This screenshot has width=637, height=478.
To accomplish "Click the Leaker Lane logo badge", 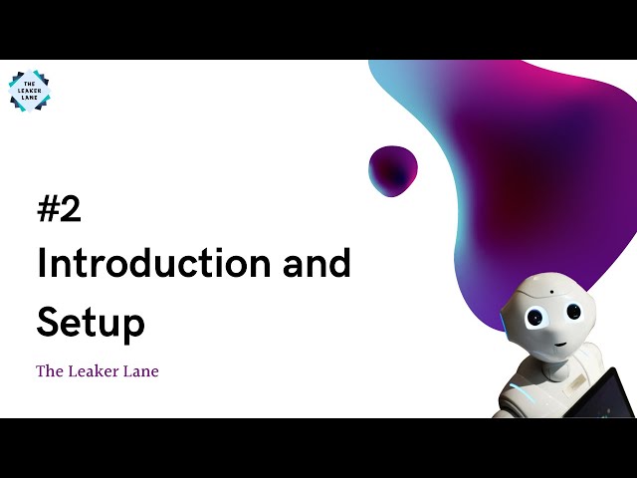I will pos(29,92).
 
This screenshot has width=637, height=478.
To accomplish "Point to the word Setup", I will pos(91,324).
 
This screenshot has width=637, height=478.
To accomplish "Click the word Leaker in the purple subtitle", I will pos(96,371).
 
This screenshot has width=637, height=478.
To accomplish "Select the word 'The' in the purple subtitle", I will pos(50,371).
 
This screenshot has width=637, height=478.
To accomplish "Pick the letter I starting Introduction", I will pos(42,264).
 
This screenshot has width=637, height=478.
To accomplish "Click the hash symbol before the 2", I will pos(47,210).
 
